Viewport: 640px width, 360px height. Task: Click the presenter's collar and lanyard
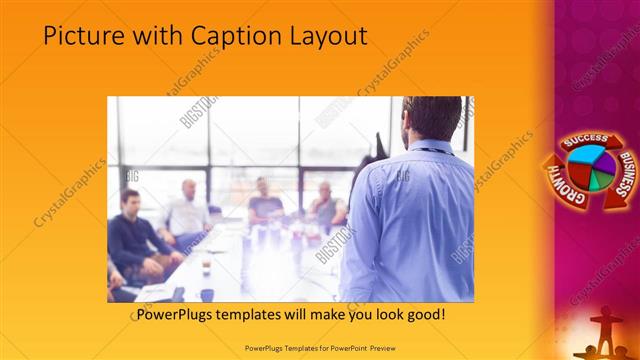click(430, 149)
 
